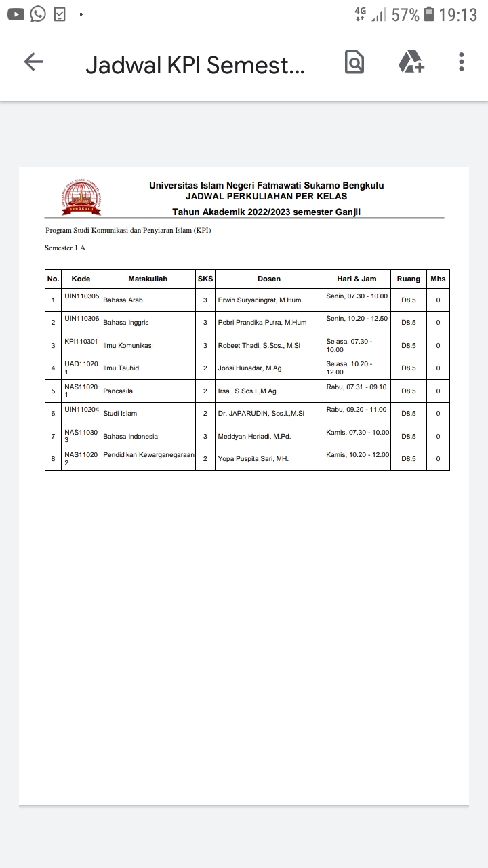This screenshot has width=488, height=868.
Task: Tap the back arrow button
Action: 33,62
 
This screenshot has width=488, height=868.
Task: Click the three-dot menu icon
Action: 461,62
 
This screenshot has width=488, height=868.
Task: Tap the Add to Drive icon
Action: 411,62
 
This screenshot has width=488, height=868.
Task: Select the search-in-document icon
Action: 354,62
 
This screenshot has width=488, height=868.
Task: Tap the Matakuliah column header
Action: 148,279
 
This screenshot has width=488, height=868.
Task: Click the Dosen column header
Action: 269,279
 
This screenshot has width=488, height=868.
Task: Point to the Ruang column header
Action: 409,279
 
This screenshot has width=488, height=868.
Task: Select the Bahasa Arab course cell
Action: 123,300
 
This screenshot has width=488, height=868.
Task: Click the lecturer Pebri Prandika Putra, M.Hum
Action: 262,323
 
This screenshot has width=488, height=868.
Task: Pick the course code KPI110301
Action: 81,342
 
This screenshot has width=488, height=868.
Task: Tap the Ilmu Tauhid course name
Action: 121,368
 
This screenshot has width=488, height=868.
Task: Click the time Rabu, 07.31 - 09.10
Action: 357,387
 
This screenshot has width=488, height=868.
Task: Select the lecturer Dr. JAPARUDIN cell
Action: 261,414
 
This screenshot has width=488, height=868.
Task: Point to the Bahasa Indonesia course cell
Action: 130,437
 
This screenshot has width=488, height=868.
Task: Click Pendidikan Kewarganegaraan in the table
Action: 148,455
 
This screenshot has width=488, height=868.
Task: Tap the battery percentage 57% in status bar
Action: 405,15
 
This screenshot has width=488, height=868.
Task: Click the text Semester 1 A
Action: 65,248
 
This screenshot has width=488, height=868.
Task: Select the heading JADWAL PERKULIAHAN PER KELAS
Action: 266,197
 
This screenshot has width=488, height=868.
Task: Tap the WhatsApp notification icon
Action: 38,14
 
